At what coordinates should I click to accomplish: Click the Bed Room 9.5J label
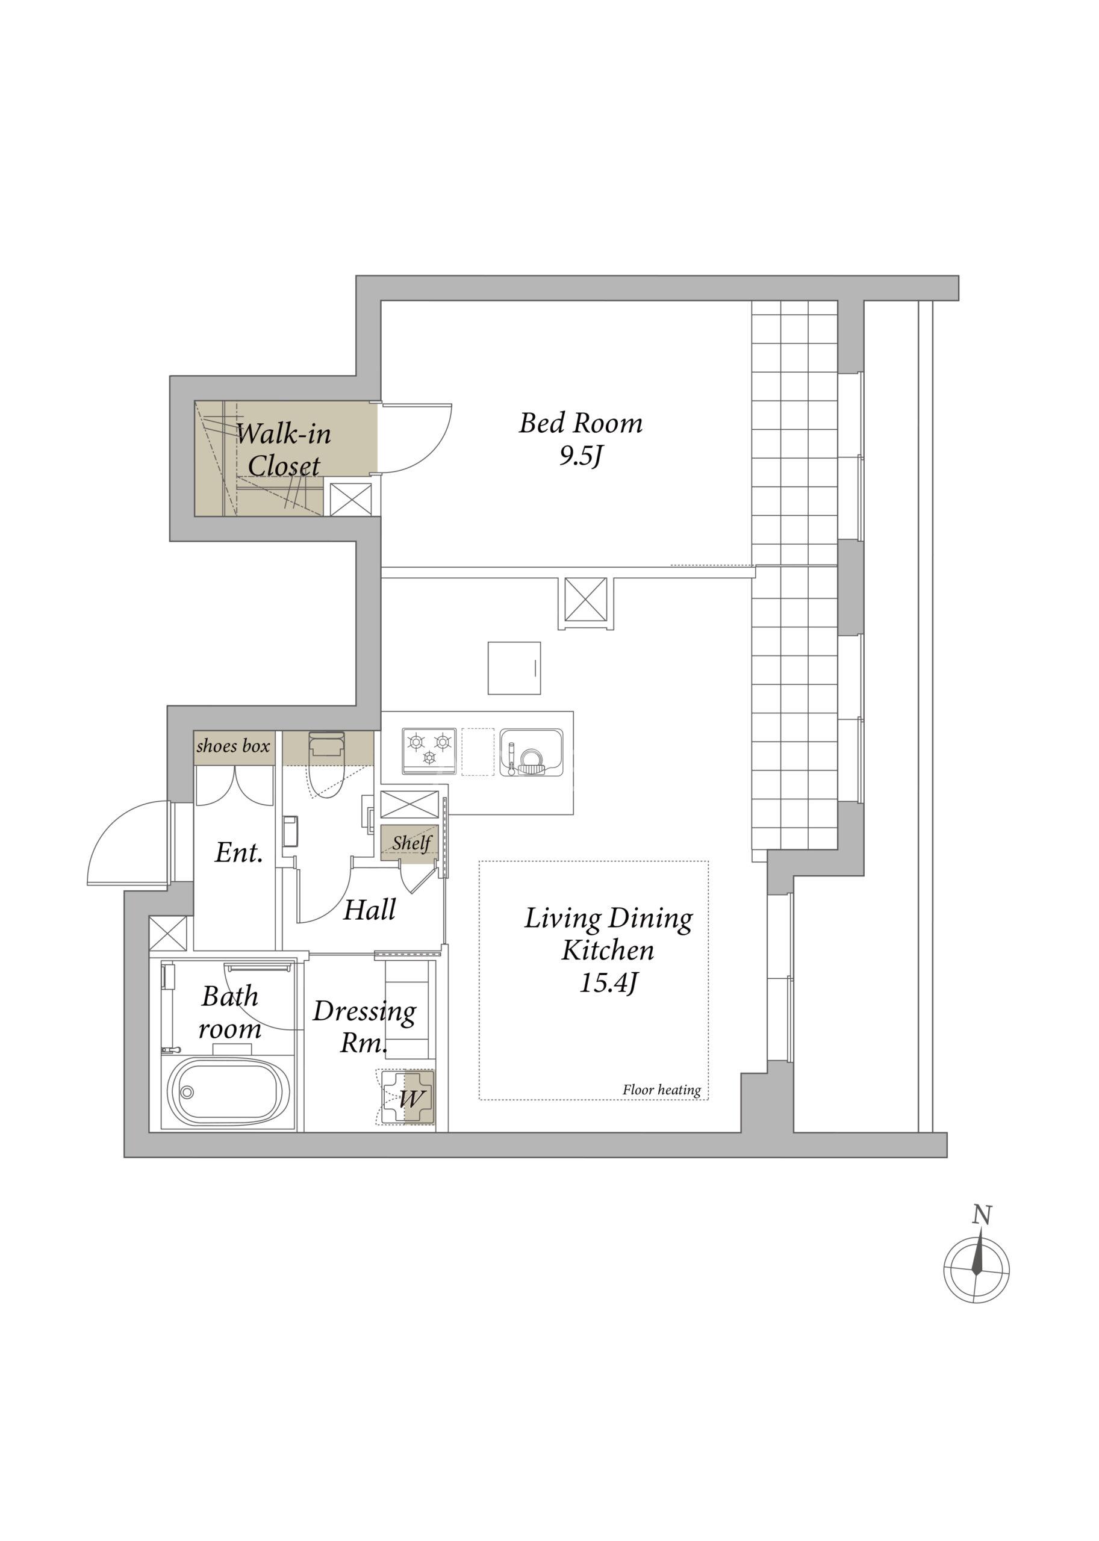click(581, 439)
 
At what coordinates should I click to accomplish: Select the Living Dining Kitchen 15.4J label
click(608, 950)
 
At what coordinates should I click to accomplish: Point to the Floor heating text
click(661, 1090)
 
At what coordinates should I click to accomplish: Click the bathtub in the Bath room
click(229, 1093)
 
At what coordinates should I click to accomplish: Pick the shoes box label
click(234, 746)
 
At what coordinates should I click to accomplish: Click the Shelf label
click(411, 843)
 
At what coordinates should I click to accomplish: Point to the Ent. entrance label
click(238, 852)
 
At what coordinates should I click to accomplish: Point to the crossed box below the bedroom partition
click(585, 600)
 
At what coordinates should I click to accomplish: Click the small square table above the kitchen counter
click(514, 668)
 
